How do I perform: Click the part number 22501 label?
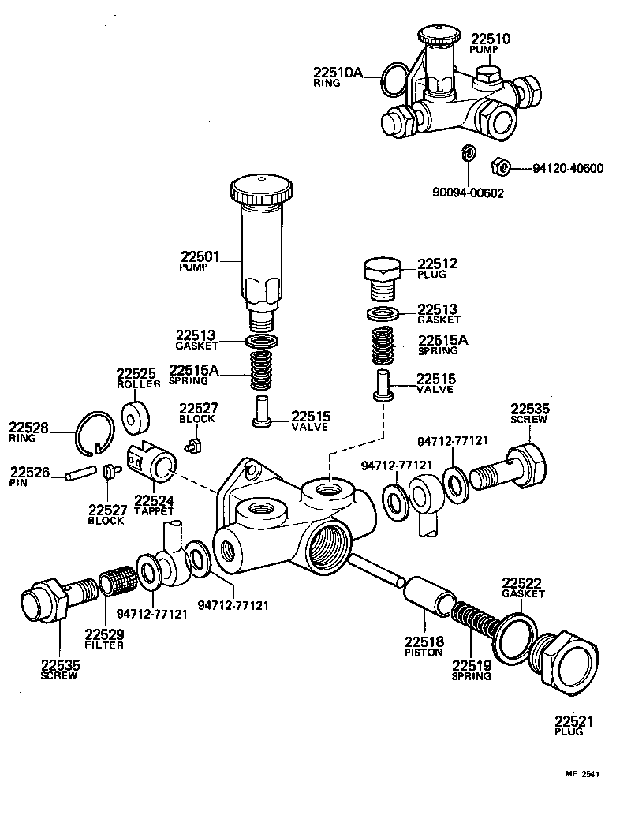click(x=199, y=257)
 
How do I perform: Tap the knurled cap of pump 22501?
click(x=262, y=192)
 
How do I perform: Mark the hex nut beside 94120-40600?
click(x=498, y=166)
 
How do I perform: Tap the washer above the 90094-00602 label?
click(x=468, y=152)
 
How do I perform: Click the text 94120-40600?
click(x=568, y=168)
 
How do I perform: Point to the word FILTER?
click(x=105, y=645)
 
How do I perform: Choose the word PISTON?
click(x=424, y=653)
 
